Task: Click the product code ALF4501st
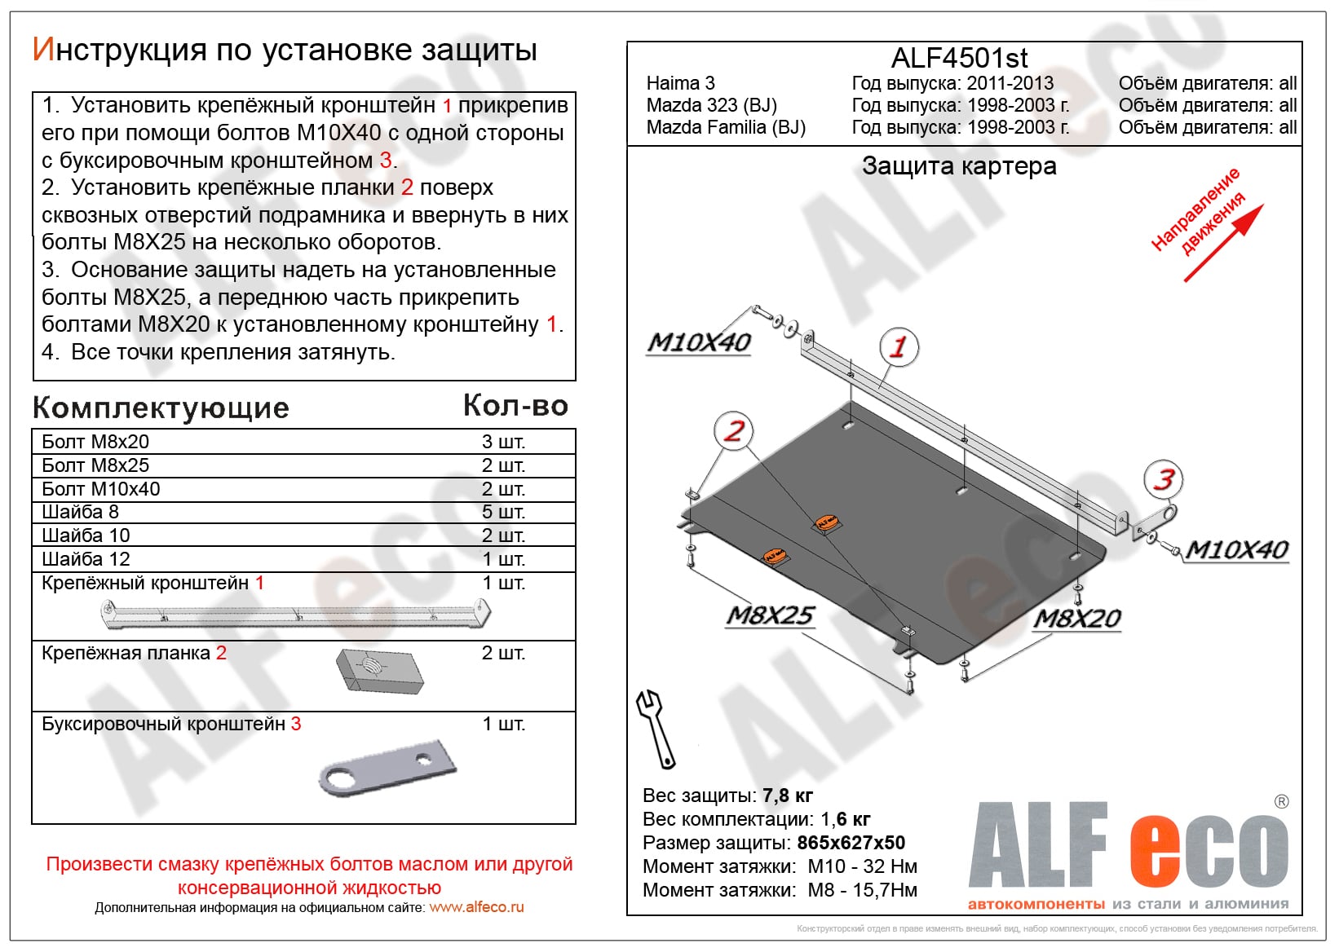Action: [x=959, y=59]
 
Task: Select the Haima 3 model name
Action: [x=680, y=83]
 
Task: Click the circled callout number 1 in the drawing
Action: [x=899, y=346]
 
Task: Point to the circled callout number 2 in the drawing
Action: [x=734, y=431]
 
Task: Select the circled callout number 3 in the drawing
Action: [x=1164, y=479]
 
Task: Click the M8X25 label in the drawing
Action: [x=770, y=615]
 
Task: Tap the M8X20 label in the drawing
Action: [x=1077, y=619]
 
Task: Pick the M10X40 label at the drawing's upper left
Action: [x=699, y=342]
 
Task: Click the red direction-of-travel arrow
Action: [x=1223, y=243]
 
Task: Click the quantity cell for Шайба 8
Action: [x=503, y=512]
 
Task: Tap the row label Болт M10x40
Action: [x=101, y=489]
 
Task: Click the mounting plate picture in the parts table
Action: [x=378, y=672]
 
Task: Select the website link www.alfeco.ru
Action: [x=476, y=907]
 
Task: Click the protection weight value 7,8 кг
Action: [x=787, y=796]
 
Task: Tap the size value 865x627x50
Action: [x=851, y=843]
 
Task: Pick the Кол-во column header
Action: [x=515, y=406]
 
